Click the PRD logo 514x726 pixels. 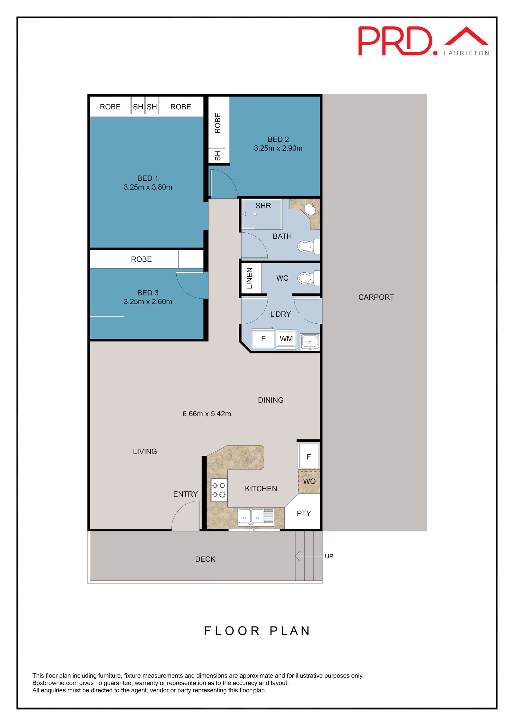(423, 41)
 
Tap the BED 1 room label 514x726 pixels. (148, 178)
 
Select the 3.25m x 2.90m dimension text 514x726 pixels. (278, 148)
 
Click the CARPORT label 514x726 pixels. (376, 297)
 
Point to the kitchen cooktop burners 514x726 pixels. (219, 490)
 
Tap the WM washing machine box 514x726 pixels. (286, 339)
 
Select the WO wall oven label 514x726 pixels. (309, 482)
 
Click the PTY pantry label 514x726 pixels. (304, 514)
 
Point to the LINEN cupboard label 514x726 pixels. (250, 278)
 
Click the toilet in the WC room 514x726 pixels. (308, 278)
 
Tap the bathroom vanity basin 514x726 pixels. (310, 209)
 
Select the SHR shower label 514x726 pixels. (263, 206)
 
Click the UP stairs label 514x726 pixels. (329, 556)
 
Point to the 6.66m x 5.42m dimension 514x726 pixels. (207, 414)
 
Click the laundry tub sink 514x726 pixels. (310, 342)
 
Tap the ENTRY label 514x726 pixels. (185, 494)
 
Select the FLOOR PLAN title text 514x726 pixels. (257, 631)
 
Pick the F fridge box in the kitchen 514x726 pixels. (308, 456)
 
